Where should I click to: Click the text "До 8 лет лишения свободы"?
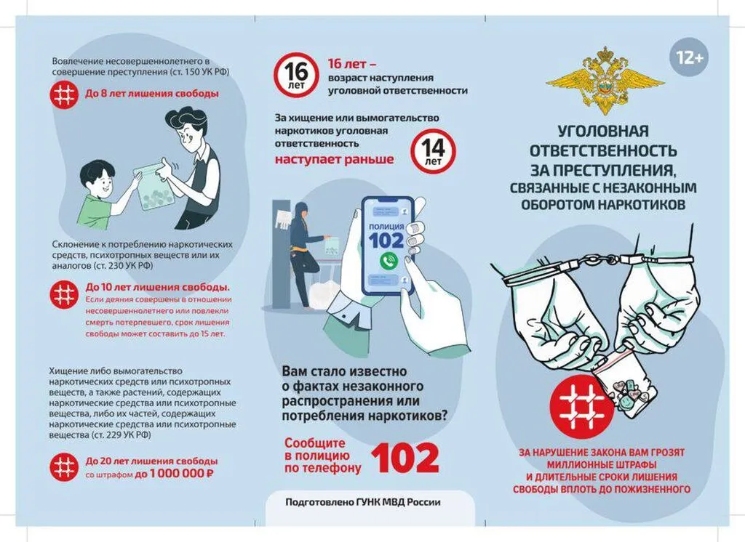coord(151,94)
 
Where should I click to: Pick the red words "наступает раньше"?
coord(334,159)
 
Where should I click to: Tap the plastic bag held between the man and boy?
coord(155,188)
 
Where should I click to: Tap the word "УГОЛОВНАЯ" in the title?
coord(602,133)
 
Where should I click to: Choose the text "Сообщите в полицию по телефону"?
coord(322,456)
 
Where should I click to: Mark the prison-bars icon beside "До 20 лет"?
coord(64,466)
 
